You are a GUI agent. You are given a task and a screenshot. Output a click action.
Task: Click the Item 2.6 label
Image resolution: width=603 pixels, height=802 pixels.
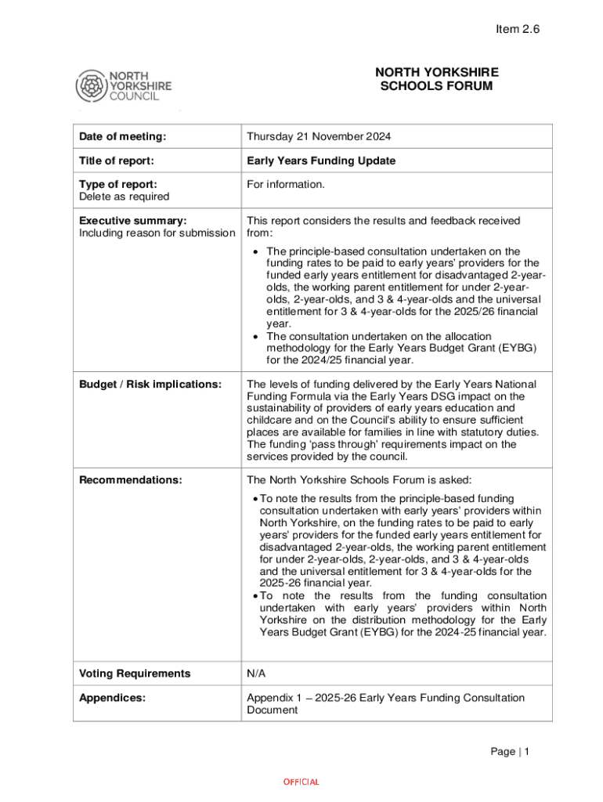pos(518,29)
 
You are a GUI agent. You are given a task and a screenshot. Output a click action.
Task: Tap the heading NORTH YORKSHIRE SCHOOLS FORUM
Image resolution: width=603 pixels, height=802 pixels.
pos(436,79)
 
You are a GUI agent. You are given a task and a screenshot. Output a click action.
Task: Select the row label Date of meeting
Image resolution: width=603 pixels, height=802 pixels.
pos(122,137)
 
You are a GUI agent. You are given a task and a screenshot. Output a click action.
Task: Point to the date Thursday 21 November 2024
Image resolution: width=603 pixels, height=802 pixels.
pos(319,137)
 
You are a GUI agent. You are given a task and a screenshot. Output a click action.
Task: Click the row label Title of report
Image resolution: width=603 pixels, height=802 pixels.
pos(117,161)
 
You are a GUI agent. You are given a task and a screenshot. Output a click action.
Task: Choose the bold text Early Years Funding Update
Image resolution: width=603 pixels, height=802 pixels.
pos(321,161)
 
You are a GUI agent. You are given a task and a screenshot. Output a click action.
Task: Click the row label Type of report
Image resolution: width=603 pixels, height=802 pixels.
pos(117,184)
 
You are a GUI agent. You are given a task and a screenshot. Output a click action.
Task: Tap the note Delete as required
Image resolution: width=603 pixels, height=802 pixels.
pos(124,197)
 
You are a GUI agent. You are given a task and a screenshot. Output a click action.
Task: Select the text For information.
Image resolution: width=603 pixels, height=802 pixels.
pos(285,184)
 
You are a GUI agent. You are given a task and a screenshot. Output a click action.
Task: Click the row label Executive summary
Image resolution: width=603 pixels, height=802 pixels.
pos(132,221)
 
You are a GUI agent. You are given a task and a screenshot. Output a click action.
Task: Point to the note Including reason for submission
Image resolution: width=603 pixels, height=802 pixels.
pos(157,233)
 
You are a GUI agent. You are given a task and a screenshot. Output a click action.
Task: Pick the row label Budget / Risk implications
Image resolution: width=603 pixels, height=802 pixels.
pos(150,384)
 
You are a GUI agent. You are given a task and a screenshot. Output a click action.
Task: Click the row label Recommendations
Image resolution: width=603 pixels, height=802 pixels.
pos(131,480)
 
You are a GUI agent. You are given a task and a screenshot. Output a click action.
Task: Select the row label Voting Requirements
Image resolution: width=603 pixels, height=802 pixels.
pos(135,674)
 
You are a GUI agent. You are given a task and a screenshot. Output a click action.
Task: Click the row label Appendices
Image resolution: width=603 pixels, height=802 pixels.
pos(112,697)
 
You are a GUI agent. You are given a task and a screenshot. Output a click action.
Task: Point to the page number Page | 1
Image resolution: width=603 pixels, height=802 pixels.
pos(511,752)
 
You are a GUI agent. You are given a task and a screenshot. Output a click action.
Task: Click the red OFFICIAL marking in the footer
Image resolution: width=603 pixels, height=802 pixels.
pos(301,782)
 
